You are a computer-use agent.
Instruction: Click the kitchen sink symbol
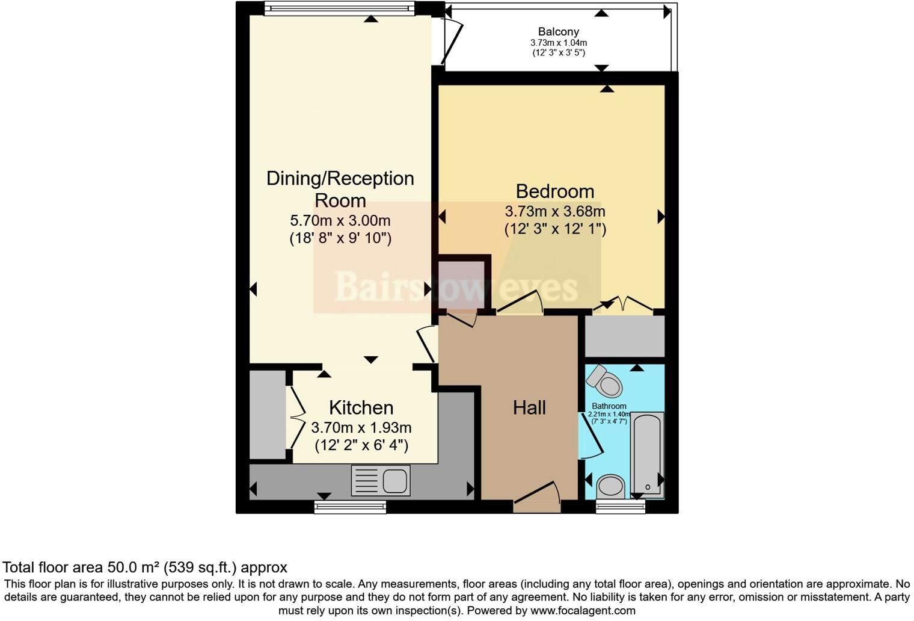[x=381, y=480]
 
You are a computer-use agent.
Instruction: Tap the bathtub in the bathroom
[x=647, y=455]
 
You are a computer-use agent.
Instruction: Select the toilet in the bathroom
[x=605, y=380]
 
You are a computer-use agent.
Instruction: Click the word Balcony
[x=559, y=32]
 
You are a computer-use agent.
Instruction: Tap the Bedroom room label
[x=554, y=191]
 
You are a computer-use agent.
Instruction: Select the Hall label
[x=529, y=408]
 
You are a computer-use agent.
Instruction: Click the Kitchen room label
[x=361, y=408]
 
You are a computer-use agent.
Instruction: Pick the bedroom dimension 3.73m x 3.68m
[x=554, y=212]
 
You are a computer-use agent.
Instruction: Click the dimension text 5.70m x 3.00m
[x=340, y=220]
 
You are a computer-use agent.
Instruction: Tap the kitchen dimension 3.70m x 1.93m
[x=361, y=428]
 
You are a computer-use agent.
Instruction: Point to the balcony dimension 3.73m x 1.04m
[x=559, y=43]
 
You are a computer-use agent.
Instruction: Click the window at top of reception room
[x=340, y=8]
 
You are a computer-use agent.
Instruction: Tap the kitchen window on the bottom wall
[x=350, y=507]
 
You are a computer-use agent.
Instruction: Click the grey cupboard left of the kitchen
[x=268, y=415]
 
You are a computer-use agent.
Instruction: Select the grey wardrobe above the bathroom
[x=625, y=336]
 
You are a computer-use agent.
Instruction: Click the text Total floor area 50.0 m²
[x=144, y=567]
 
